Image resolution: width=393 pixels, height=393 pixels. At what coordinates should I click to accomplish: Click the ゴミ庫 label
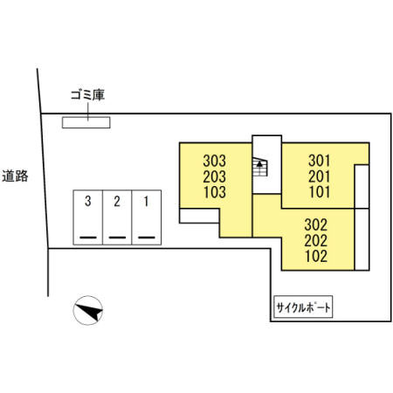pos(87,95)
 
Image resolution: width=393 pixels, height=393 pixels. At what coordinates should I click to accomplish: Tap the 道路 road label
pos(15,176)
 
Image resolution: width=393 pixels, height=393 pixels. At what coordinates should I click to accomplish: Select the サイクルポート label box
pos(303,307)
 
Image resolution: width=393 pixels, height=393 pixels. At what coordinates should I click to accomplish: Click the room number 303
pos(215,161)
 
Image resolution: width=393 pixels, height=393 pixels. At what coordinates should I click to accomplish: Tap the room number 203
pos(215,176)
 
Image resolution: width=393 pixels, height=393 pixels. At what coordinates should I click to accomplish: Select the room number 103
pos(215,192)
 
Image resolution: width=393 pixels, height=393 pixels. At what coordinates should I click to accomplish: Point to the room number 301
pos(320,161)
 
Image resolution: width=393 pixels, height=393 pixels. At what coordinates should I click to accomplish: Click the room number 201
pos(320,176)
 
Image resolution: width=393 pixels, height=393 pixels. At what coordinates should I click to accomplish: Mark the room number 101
pos(320,192)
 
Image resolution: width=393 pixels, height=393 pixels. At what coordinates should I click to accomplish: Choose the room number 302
pos(316,224)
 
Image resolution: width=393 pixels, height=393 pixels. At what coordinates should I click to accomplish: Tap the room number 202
pos(316,240)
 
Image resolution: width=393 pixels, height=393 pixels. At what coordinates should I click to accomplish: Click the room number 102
pos(316,256)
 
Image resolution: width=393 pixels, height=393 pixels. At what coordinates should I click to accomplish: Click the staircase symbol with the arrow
pos(259,167)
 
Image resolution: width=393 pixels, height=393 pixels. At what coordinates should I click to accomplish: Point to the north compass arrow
pos(89,311)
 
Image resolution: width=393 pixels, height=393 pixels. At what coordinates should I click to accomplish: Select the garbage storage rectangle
pos(86,122)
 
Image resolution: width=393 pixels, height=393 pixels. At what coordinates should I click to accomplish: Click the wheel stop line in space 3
pos(88,238)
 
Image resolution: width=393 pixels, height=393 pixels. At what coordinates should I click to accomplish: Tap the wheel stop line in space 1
pos(147,238)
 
